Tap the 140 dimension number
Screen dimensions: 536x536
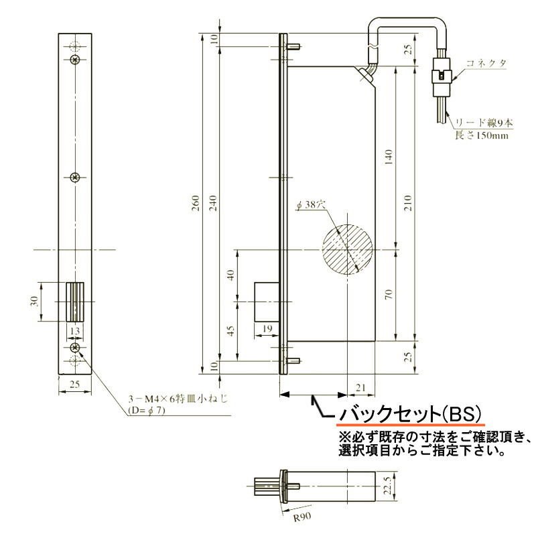[x=389, y=157]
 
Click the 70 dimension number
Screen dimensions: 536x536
[x=389, y=295]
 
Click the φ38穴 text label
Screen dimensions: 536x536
[x=310, y=206]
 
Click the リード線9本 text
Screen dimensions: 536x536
[x=484, y=123]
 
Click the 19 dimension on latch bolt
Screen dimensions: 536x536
[x=266, y=328]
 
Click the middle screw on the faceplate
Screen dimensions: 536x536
[x=75, y=178]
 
